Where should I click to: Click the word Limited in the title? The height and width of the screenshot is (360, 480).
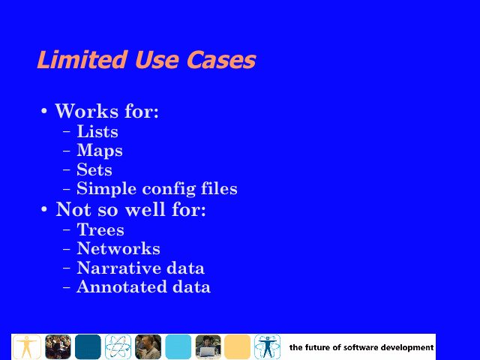(x=82, y=59)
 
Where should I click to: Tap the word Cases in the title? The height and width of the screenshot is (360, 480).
(x=221, y=60)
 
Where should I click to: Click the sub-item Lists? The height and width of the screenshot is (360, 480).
(x=97, y=131)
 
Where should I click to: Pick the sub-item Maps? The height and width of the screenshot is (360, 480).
(x=100, y=151)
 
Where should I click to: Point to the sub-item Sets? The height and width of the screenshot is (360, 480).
(x=94, y=169)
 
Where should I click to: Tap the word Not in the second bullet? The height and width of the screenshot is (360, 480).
(x=73, y=209)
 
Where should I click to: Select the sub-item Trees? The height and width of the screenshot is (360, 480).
(x=100, y=229)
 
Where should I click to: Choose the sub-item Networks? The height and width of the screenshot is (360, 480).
(x=118, y=248)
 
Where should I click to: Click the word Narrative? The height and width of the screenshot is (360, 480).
(x=118, y=268)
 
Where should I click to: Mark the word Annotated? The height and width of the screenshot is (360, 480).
(x=121, y=286)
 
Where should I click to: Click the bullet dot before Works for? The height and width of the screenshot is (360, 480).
(x=44, y=110)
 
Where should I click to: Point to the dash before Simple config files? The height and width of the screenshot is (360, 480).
(x=67, y=189)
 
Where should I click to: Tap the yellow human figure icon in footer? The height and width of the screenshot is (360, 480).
(x=27, y=346)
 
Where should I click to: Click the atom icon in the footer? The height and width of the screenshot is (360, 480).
(x=118, y=346)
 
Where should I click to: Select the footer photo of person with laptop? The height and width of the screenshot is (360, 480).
(x=208, y=346)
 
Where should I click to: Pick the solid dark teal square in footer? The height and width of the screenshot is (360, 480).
(x=88, y=346)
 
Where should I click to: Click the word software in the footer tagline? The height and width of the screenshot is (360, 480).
(x=361, y=348)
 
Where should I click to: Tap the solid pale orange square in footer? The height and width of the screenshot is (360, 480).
(x=238, y=346)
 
